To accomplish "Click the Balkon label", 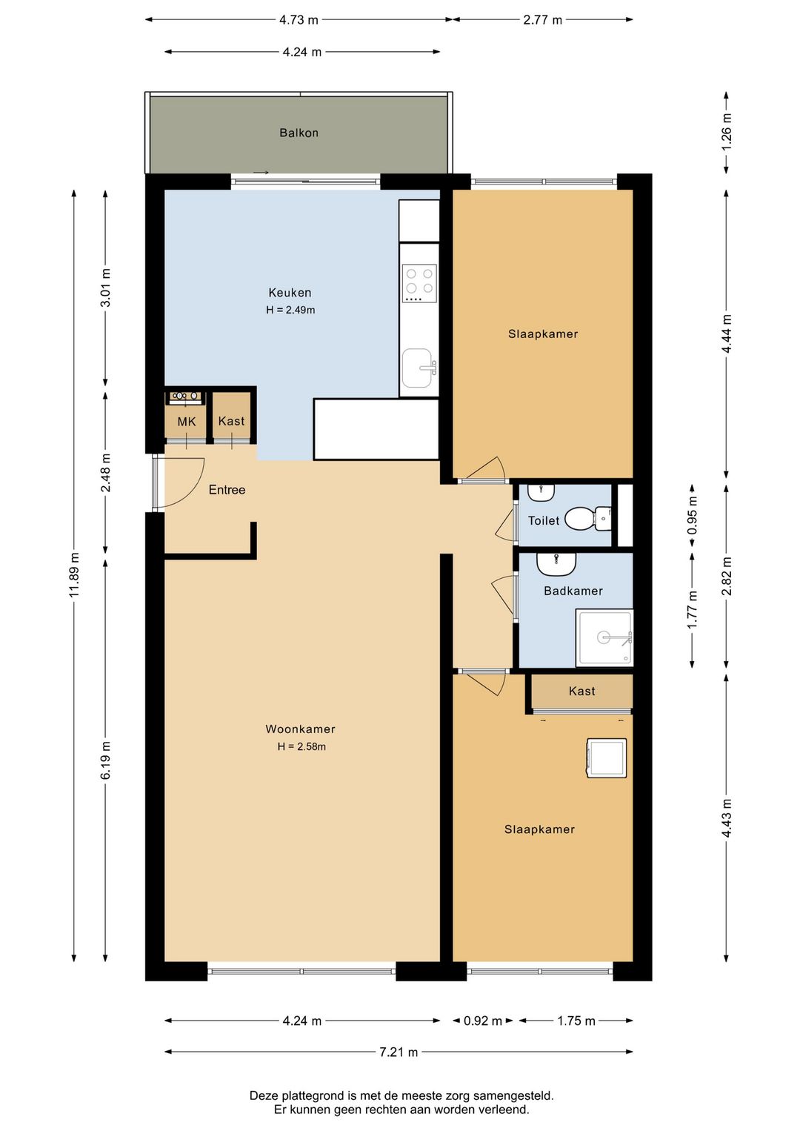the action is click(x=299, y=133).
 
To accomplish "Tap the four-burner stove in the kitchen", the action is click(x=419, y=284).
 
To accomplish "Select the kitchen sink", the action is click(x=420, y=368).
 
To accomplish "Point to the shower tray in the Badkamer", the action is click(x=604, y=637).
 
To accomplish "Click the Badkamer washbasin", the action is click(x=556, y=563).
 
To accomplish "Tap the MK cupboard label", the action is click(x=186, y=422).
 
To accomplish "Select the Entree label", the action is click(x=227, y=489).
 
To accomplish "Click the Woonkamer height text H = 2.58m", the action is click(x=301, y=746).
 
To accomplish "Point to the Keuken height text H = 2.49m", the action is click(x=290, y=310).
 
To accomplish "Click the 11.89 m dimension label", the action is click(x=75, y=575).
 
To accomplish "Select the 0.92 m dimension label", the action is click(x=483, y=1021).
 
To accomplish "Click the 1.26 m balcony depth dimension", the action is click(x=726, y=132).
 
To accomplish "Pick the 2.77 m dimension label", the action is click(x=542, y=20).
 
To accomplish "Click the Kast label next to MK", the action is click(x=231, y=420).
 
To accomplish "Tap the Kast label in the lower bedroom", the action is click(x=581, y=691).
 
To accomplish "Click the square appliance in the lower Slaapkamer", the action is click(x=606, y=758).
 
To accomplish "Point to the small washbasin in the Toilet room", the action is click(x=541, y=492).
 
